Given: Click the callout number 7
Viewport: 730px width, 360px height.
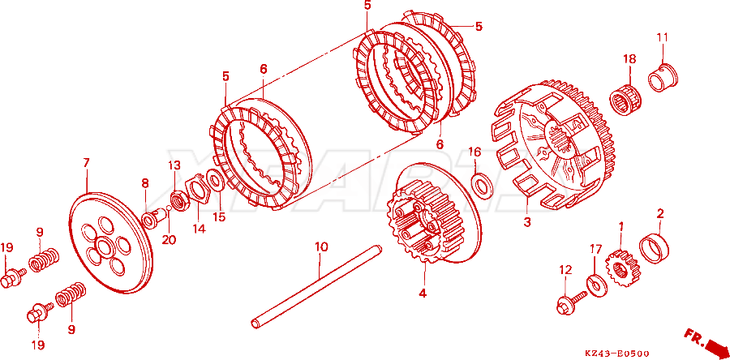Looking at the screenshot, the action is click(x=86, y=163).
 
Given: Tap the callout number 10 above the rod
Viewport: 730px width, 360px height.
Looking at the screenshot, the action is click(x=321, y=246).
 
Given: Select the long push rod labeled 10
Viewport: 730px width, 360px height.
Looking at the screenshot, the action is click(x=316, y=285).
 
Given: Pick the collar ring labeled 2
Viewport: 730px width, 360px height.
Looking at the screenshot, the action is click(x=655, y=247).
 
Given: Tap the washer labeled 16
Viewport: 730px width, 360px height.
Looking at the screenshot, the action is click(x=479, y=182).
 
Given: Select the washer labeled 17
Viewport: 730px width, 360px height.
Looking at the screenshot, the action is click(x=596, y=285).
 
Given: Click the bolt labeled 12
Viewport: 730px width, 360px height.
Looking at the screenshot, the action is click(x=571, y=302).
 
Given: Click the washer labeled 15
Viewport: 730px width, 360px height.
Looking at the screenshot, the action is click(x=214, y=179).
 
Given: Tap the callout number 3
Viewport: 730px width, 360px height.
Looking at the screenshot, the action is click(x=526, y=222).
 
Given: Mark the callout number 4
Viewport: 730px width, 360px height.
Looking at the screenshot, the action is click(x=423, y=294).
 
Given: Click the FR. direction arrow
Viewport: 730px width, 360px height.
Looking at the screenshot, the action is click(x=705, y=341).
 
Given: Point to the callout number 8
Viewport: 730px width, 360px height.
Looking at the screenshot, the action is click(x=145, y=182).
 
